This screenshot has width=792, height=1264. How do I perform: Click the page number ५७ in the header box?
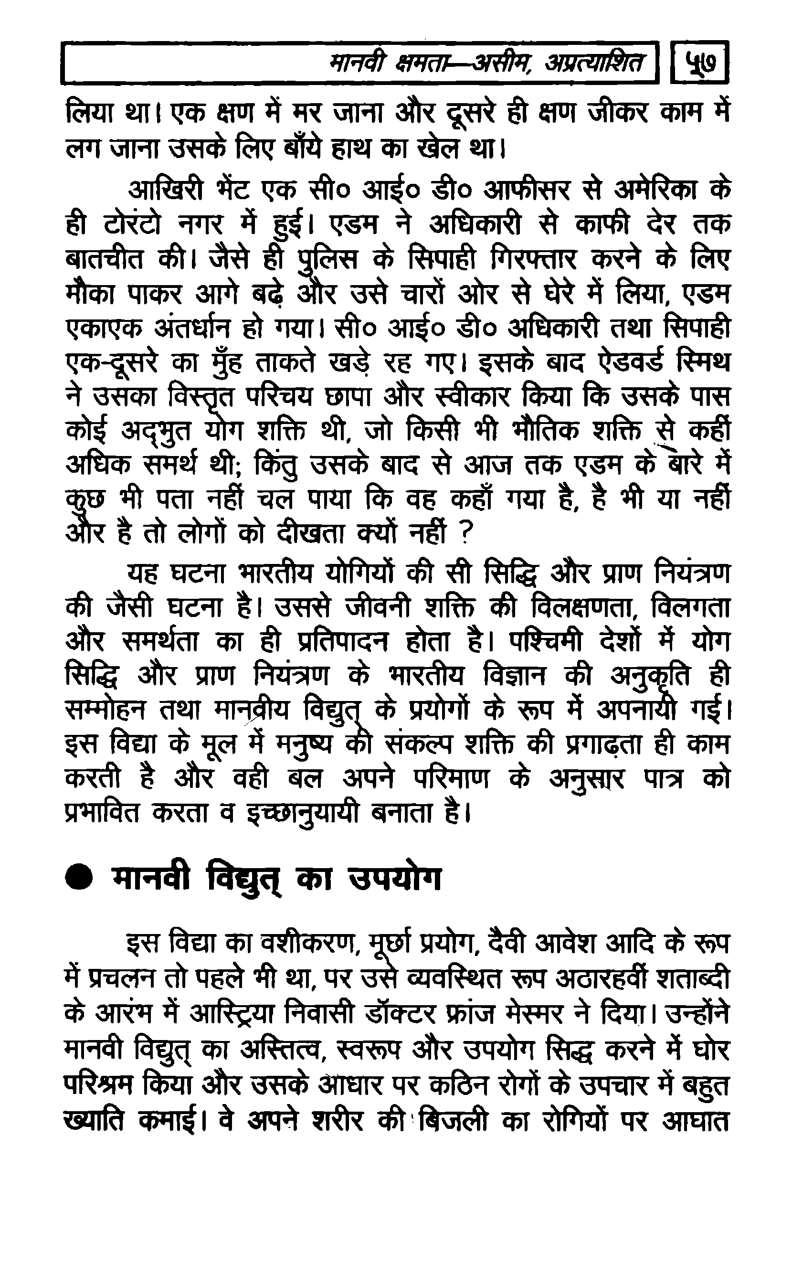700,64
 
